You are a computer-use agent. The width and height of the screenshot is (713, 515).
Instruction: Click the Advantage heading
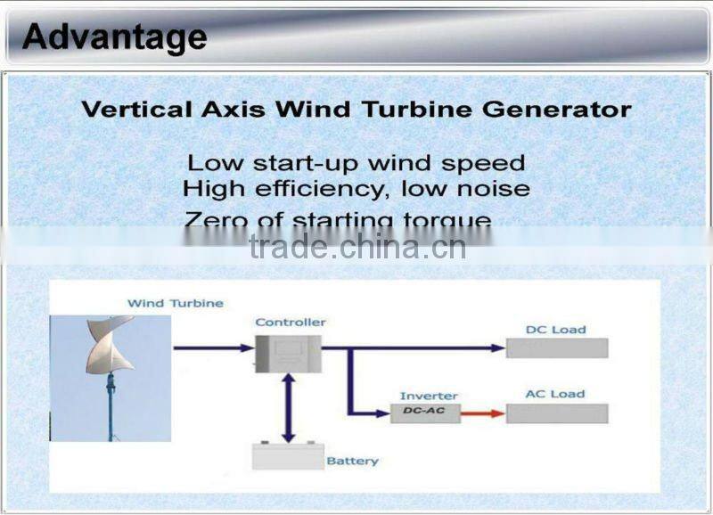[114, 37]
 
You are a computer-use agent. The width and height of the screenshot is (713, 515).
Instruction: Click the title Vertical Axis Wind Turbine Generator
[356, 110]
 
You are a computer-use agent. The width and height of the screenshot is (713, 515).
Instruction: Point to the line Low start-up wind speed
[356, 163]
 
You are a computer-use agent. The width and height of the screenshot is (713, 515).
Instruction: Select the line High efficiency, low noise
[356, 189]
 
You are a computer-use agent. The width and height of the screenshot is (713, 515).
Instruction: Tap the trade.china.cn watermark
[357, 247]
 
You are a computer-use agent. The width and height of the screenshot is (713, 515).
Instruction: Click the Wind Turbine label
[175, 303]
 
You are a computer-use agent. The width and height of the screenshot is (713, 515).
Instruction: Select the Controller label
[291, 322]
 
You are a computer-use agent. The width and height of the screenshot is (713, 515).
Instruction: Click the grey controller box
[288, 353]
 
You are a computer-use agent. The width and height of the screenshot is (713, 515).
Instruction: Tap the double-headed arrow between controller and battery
[288, 408]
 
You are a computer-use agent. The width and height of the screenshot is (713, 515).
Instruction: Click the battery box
[287, 456]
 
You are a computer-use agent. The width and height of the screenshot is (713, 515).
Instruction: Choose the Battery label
[352, 461]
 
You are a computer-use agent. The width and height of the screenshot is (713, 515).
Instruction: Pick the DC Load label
[555, 330]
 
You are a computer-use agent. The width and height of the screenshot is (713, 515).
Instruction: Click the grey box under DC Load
[557, 348]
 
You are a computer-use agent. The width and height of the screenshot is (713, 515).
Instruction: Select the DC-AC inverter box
[425, 413]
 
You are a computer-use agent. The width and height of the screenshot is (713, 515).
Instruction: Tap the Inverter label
[429, 396]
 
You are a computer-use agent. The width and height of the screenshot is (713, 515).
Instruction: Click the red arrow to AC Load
[482, 413]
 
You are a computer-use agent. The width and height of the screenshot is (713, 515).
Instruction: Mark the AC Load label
[555, 394]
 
